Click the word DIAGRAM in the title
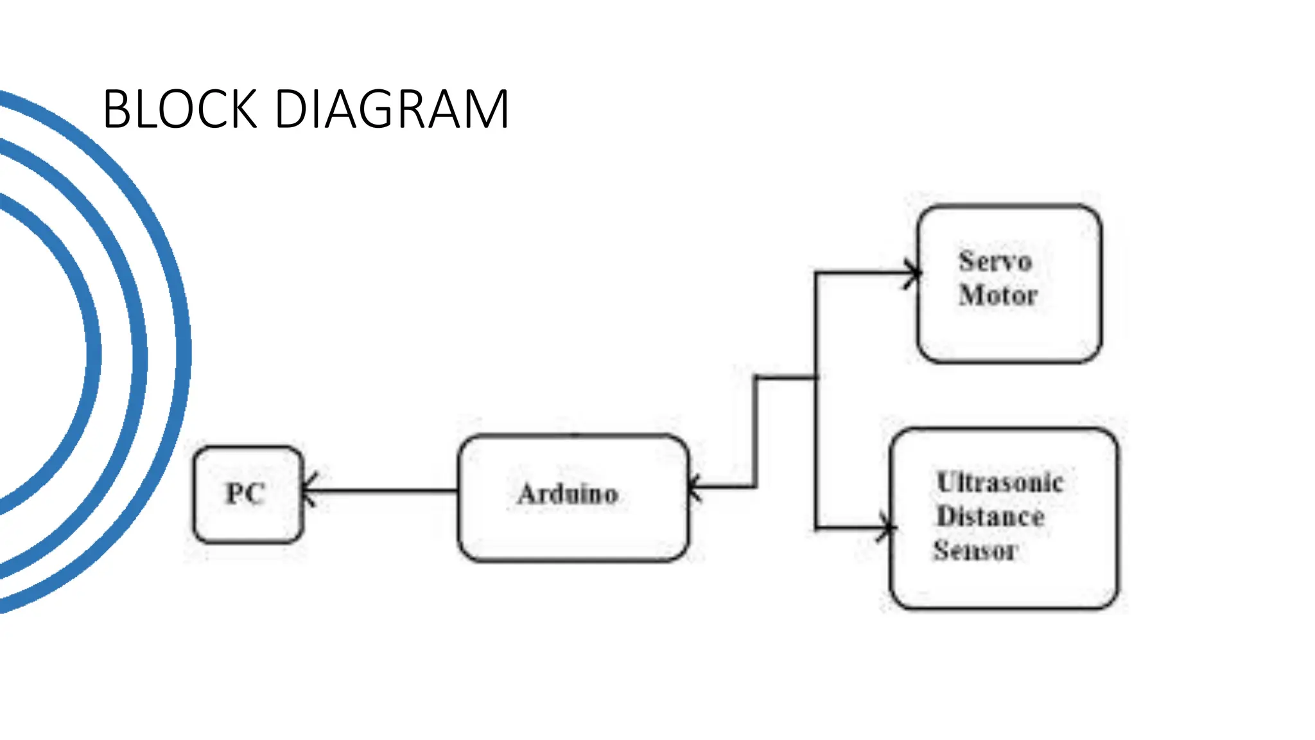coord(392,109)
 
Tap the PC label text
coord(245,493)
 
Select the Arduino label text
coord(568,493)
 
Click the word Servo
coord(995,261)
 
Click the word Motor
coord(998,295)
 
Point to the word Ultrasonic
coord(1000,482)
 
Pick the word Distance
coord(991,516)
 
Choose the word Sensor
coord(975,551)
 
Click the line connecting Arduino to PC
coord(385,491)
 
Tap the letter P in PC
coord(235,493)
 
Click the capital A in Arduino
coord(528,493)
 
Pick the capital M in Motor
coord(970,295)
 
